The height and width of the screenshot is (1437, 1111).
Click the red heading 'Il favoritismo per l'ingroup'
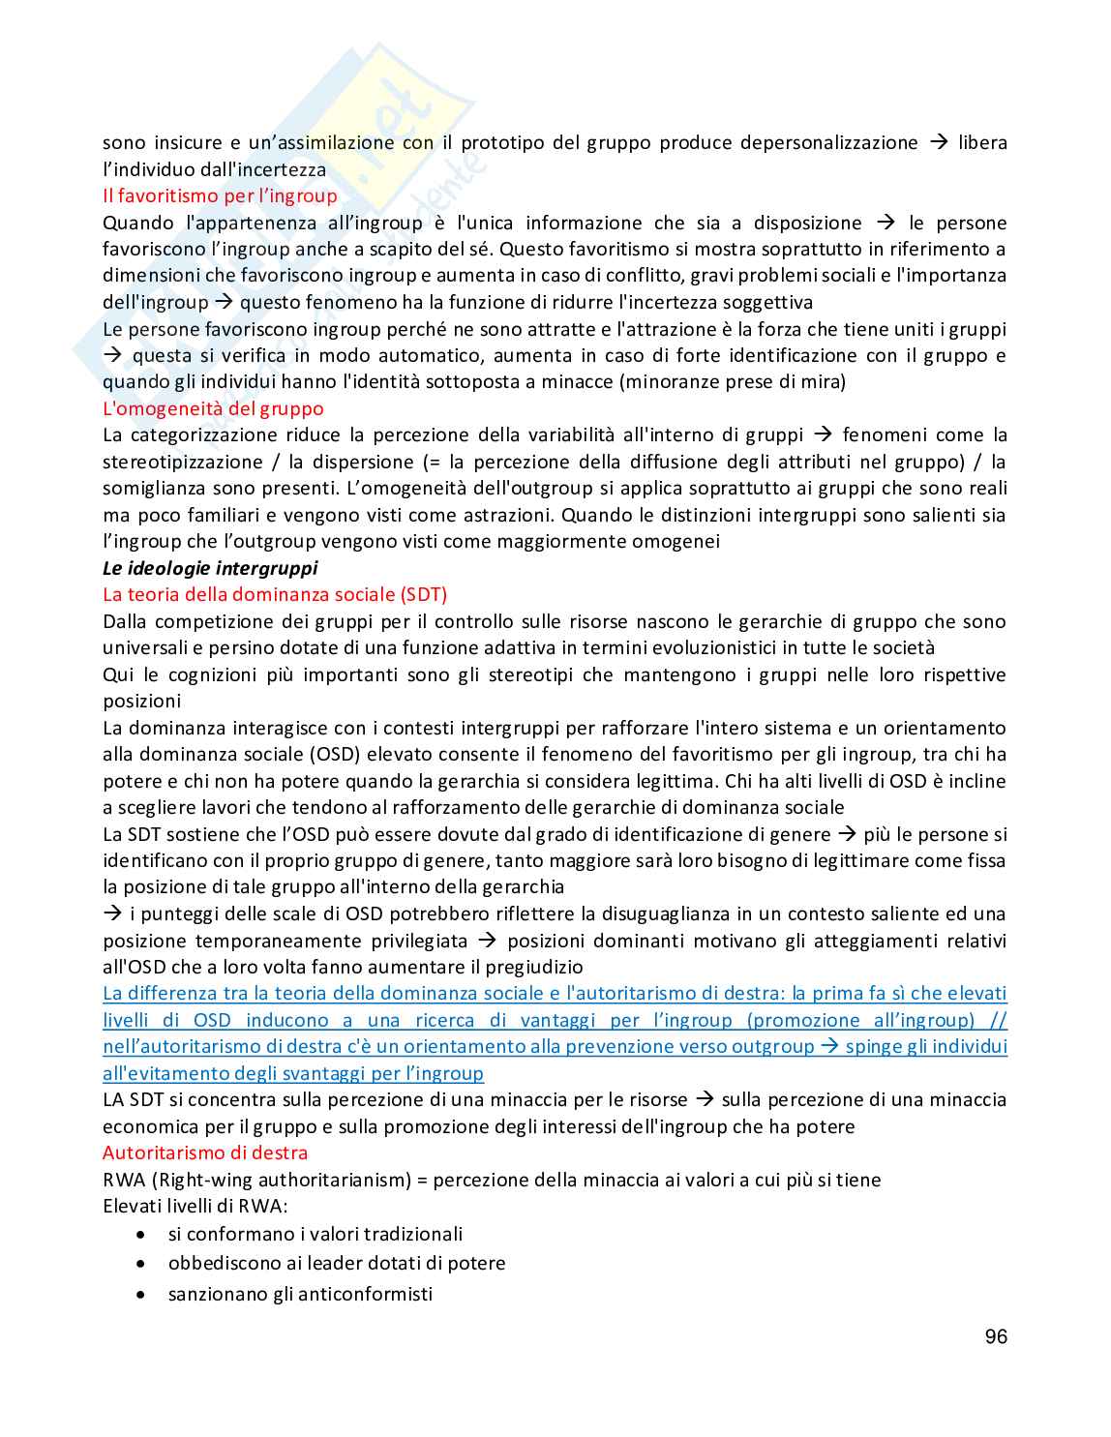point(220,196)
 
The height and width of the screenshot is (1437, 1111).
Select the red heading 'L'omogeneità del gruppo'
point(213,408)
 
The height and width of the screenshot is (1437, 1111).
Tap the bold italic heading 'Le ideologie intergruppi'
point(210,568)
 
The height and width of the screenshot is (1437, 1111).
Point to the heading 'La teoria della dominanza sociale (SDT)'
point(275,594)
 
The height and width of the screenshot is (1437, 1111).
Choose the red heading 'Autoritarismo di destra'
point(205,1153)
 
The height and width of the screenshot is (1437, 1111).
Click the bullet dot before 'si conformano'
point(142,1235)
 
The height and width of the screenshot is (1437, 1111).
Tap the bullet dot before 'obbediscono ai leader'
point(142,1264)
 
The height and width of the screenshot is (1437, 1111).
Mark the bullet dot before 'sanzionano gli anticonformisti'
point(142,1295)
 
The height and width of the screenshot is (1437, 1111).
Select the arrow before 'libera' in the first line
point(938,143)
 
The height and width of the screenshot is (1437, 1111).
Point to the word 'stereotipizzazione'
point(183,462)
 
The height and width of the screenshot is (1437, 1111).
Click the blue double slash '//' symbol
point(998,1020)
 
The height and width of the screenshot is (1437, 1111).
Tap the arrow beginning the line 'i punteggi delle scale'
point(112,913)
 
